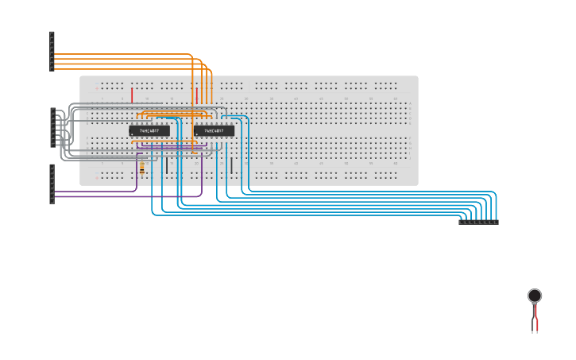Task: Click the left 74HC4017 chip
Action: [x=149, y=131]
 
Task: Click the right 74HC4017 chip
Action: [x=214, y=131]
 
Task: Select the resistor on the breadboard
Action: [x=142, y=168]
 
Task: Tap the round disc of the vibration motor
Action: [x=535, y=296]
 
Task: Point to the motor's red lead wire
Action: [x=537, y=319]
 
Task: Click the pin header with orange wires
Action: [x=52, y=52]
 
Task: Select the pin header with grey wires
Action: [x=52, y=127]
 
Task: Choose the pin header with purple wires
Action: [x=52, y=184]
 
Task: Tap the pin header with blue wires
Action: [x=478, y=222]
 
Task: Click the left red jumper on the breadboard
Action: [x=132, y=95]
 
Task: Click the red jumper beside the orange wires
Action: [x=197, y=95]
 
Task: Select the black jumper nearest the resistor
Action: [x=167, y=165]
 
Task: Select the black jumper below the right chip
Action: [x=231, y=165]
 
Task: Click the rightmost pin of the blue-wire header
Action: [x=496, y=222]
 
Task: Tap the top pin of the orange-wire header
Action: [x=52, y=34]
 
